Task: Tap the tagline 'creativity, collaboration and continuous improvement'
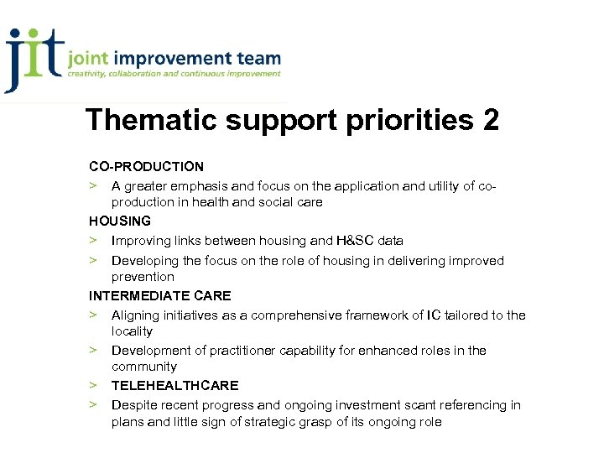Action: coord(174,75)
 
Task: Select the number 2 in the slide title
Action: coord(491,120)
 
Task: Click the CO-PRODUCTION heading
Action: coord(147,167)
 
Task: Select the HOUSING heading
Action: coord(120,221)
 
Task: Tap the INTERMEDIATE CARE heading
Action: coord(160,296)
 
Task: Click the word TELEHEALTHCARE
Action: coord(174,386)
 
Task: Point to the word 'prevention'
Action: coord(143,277)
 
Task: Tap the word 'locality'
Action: coord(132,331)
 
